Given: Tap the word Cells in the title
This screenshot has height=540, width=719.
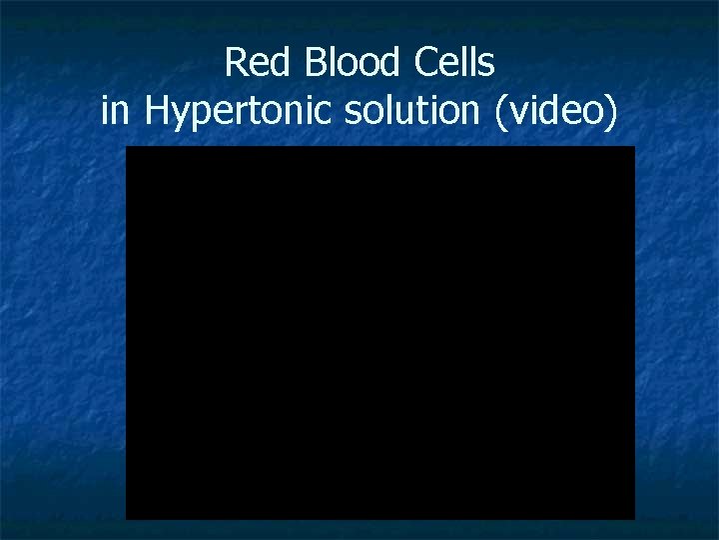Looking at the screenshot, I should [452, 63].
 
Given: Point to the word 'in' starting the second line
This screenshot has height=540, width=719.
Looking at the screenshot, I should [116, 111].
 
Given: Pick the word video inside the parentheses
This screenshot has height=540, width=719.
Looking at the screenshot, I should [554, 111].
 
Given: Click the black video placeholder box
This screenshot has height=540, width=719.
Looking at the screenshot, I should [379, 333].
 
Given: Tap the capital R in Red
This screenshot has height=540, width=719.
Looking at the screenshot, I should [237, 63].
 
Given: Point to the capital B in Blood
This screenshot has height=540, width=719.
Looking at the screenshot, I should [314, 63].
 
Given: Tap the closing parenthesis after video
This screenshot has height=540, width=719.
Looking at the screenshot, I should [611, 112].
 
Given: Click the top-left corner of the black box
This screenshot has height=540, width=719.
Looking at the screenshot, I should [127, 148].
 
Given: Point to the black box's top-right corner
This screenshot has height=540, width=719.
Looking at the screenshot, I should [633, 148].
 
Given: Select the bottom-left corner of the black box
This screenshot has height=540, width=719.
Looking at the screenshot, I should [127, 518].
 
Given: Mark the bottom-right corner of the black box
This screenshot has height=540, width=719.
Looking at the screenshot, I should [633, 518].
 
